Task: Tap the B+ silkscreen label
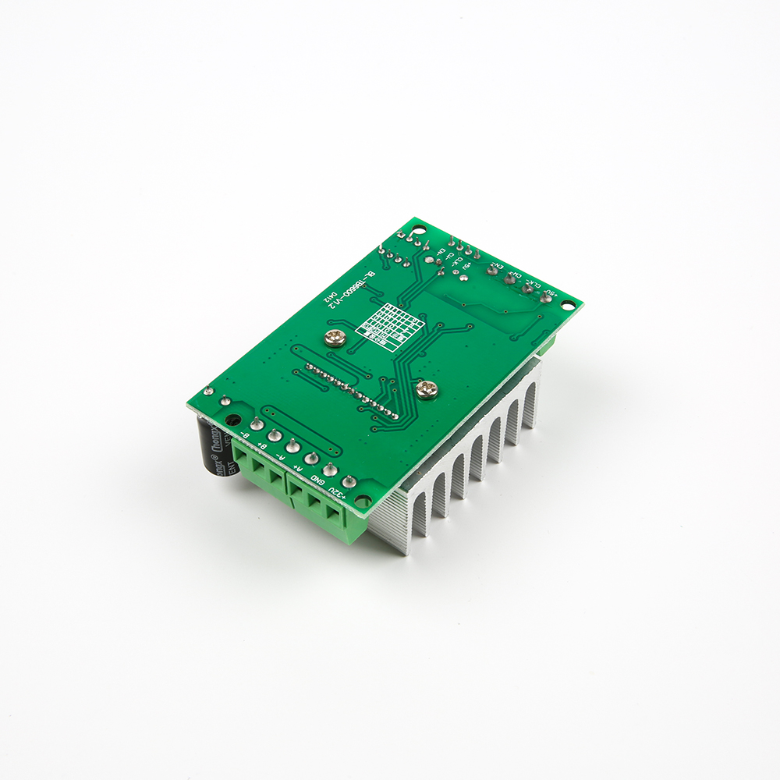coord(263,445)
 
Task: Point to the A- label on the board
coord(281,456)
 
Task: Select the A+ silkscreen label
coord(299,467)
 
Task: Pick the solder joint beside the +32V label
coord(349,483)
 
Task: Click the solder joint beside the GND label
coord(330,470)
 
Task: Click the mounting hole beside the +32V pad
coord(363,502)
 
